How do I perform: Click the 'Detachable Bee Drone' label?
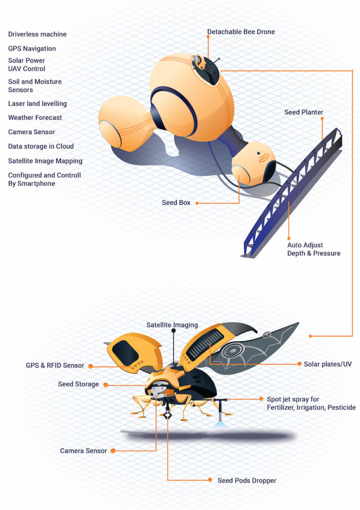tap(241, 32)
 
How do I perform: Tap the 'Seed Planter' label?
tap(304, 112)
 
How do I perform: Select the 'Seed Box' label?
tap(176, 203)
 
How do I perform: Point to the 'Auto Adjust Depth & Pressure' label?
tap(314, 249)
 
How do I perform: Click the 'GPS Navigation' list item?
tap(32, 48)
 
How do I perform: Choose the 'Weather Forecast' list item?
tap(35, 117)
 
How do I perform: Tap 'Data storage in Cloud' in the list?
tap(41, 146)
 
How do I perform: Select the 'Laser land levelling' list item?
tap(37, 104)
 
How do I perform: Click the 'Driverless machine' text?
tap(37, 34)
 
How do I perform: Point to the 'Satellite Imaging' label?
tap(172, 325)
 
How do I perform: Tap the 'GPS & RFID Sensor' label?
tap(55, 366)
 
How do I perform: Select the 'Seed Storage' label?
tap(78, 384)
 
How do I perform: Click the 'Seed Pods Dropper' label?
tap(247, 480)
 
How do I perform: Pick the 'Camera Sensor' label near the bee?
tap(84, 451)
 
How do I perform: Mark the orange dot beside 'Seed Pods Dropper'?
tap(209, 480)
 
